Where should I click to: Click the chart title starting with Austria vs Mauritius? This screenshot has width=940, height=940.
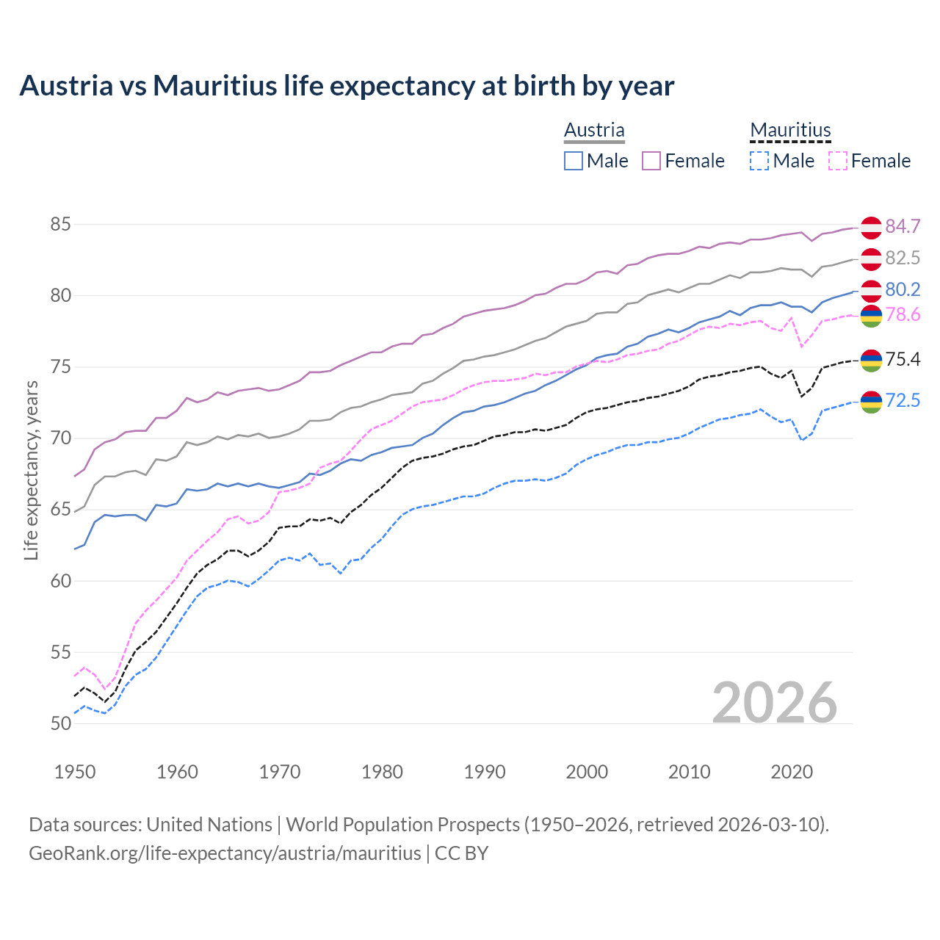pos(347,86)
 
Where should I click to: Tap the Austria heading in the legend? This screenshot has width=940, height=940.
pos(594,130)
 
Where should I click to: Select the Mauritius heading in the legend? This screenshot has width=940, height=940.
pos(790,130)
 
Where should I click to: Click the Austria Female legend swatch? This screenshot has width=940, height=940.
pos(651,161)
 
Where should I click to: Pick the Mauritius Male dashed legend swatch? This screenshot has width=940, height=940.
pos(759,161)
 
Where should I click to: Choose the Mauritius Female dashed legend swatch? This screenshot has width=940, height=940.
pos(838,161)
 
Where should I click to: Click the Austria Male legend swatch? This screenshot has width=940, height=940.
pos(574,161)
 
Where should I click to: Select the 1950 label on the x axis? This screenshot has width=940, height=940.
pos(75,772)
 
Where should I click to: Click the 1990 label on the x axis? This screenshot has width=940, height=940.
pos(485,772)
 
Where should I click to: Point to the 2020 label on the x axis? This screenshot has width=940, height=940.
pos(792,772)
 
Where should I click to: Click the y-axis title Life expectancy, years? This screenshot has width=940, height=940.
pos(31,470)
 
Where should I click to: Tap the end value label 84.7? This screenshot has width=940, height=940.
pos(903,226)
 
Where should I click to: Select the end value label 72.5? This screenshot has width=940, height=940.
pos(903,400)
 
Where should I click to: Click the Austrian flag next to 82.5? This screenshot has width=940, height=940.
pos(871,258)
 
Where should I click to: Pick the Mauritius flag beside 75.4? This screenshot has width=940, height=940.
pos(871,360)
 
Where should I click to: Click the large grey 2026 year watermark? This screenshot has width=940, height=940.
pos(775,703)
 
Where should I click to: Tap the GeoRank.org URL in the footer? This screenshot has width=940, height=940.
pos(225,853)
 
